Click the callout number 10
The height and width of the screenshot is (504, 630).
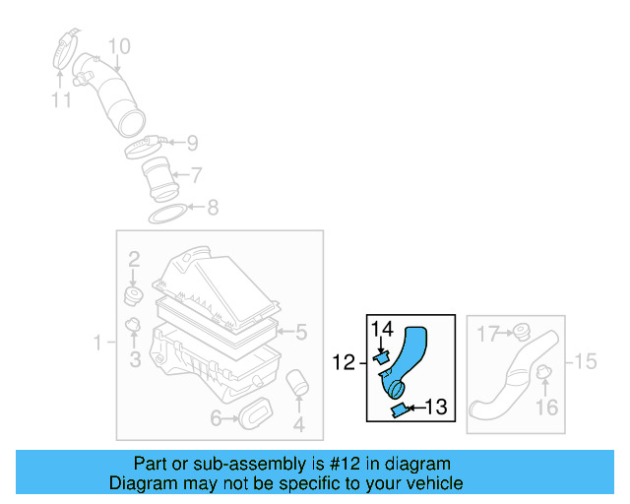point(118,45)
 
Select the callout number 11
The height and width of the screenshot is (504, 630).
point(61,99)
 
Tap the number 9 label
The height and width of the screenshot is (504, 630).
point(192,143)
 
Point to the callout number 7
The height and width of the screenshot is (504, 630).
point(197,175)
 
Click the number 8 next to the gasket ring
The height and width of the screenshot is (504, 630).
point(212,208)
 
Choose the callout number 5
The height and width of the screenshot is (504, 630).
point(302,332)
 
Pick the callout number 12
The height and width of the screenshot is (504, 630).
point(343,363)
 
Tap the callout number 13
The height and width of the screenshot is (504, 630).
point(435,406)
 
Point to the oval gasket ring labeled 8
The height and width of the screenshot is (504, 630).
point(167,213)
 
